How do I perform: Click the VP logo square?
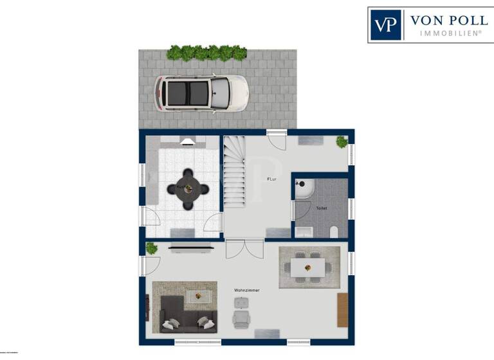(386, 25)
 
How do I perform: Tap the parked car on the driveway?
(201, 94)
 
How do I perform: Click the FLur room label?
(273, 179)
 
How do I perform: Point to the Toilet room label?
(321, 208)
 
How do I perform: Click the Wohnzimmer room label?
(247, 291)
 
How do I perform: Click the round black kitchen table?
(188, 189)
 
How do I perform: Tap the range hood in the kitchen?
(187, 142)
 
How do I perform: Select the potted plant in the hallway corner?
(342, 141)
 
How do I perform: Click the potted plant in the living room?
(152, 248)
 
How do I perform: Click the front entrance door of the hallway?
(277, 139)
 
